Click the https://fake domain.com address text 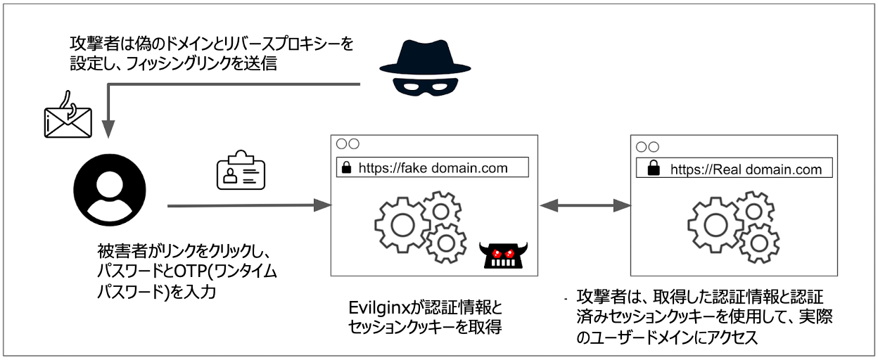click(433, 168)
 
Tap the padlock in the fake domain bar click(346, 168)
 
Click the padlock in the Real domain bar click(654, 169)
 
